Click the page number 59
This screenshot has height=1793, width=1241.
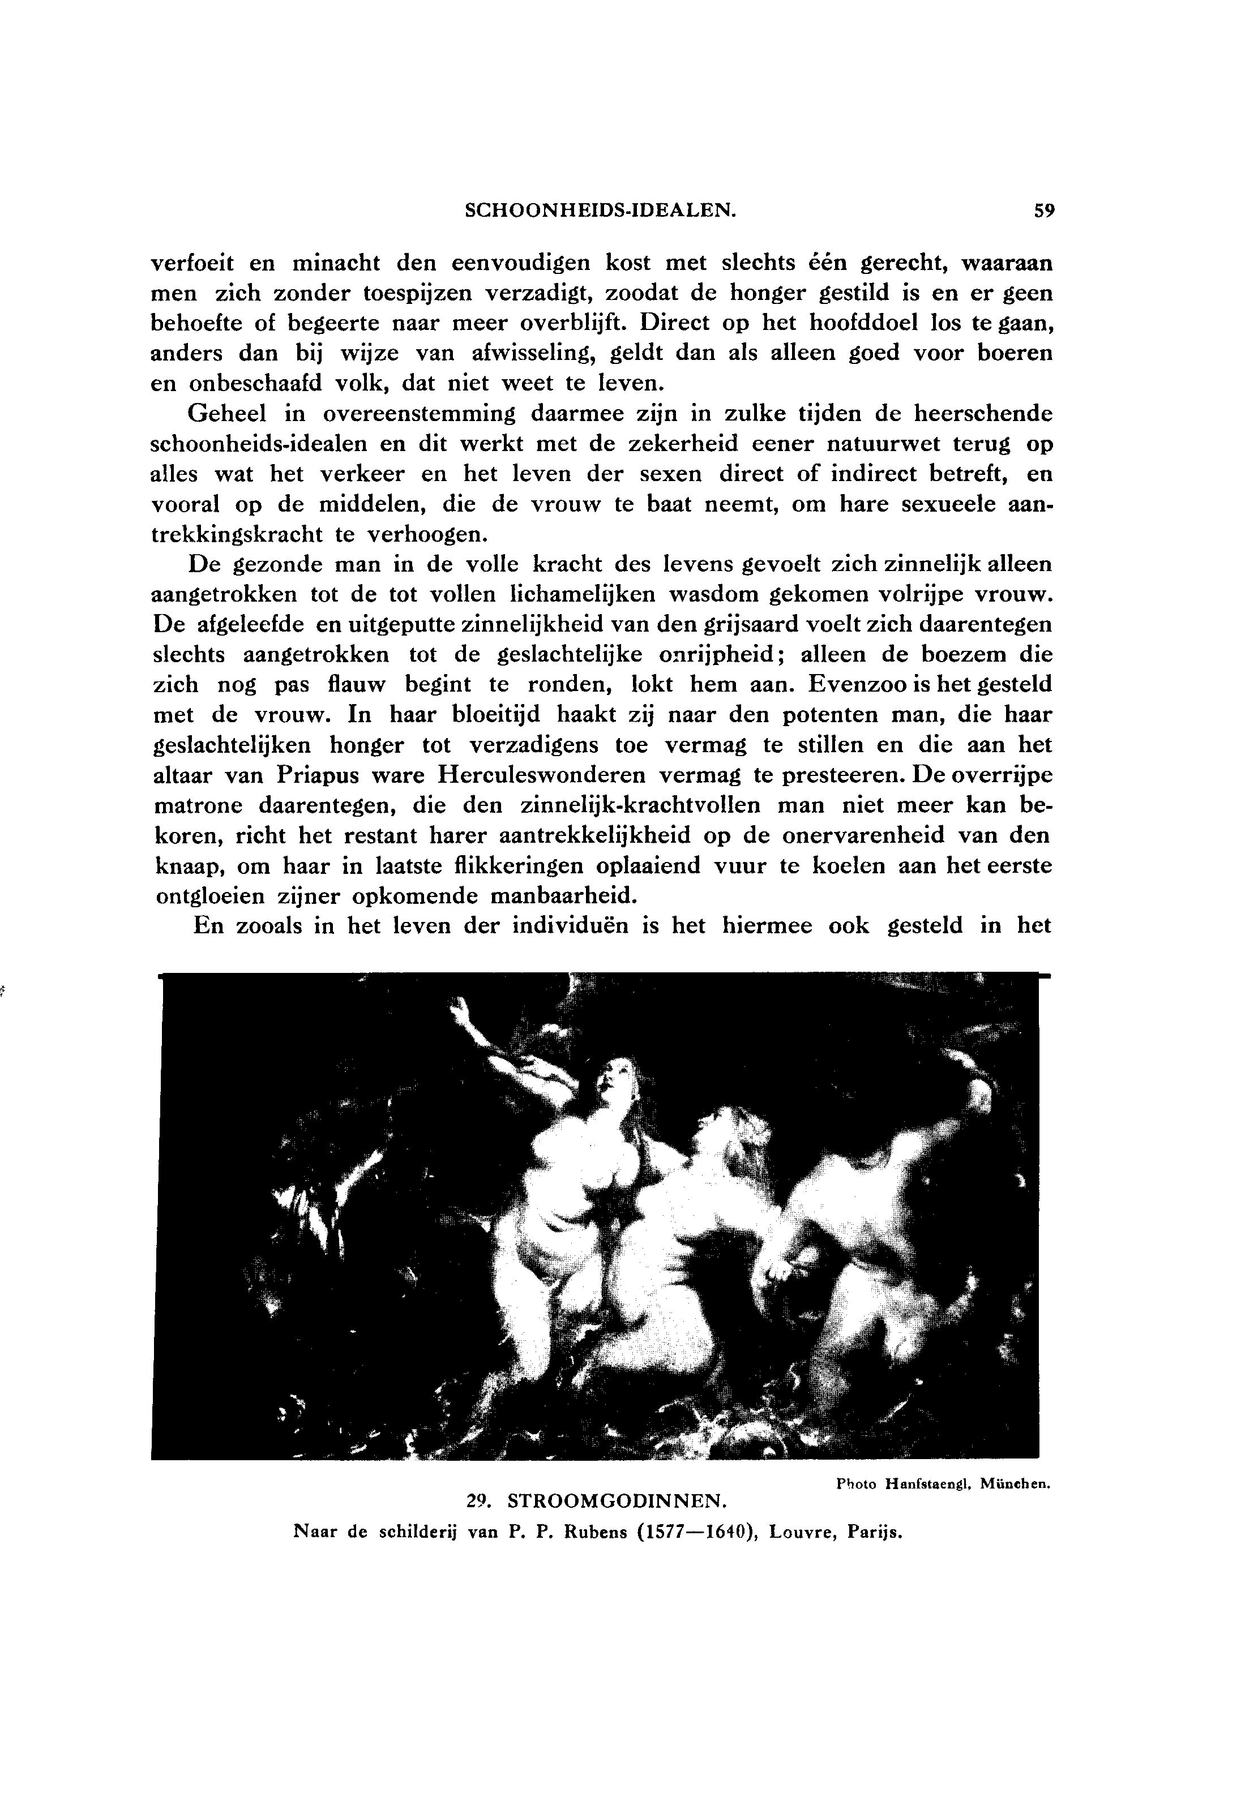1043,211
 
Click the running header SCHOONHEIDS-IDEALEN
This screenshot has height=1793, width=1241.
600,211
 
